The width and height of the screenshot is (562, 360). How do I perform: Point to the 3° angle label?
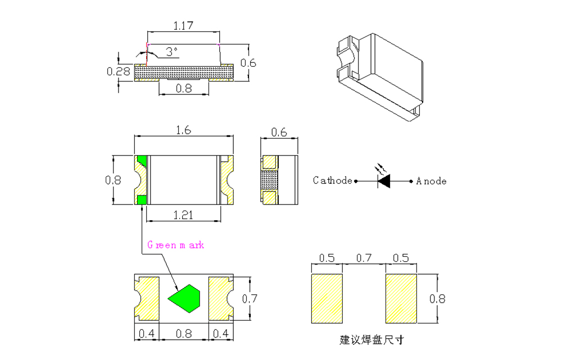(171, 52)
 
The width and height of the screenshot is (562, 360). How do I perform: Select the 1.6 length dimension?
(183, 130)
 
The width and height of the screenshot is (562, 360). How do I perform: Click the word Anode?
(432, 181)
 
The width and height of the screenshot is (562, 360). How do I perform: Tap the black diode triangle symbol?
(385, 181)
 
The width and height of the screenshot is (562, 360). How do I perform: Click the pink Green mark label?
(175, 245)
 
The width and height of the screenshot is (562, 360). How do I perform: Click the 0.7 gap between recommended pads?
(364, 258)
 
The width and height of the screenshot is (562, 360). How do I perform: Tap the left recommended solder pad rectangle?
(327, 298)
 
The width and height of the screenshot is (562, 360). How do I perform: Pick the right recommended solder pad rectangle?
(401, 298)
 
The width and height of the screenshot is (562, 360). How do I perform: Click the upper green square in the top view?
(141, 161)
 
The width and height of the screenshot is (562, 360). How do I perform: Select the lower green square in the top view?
(141, 200)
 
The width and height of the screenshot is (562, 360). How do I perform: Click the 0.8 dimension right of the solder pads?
(438, 299)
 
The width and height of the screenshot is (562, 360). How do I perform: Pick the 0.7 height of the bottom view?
(250, 299)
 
